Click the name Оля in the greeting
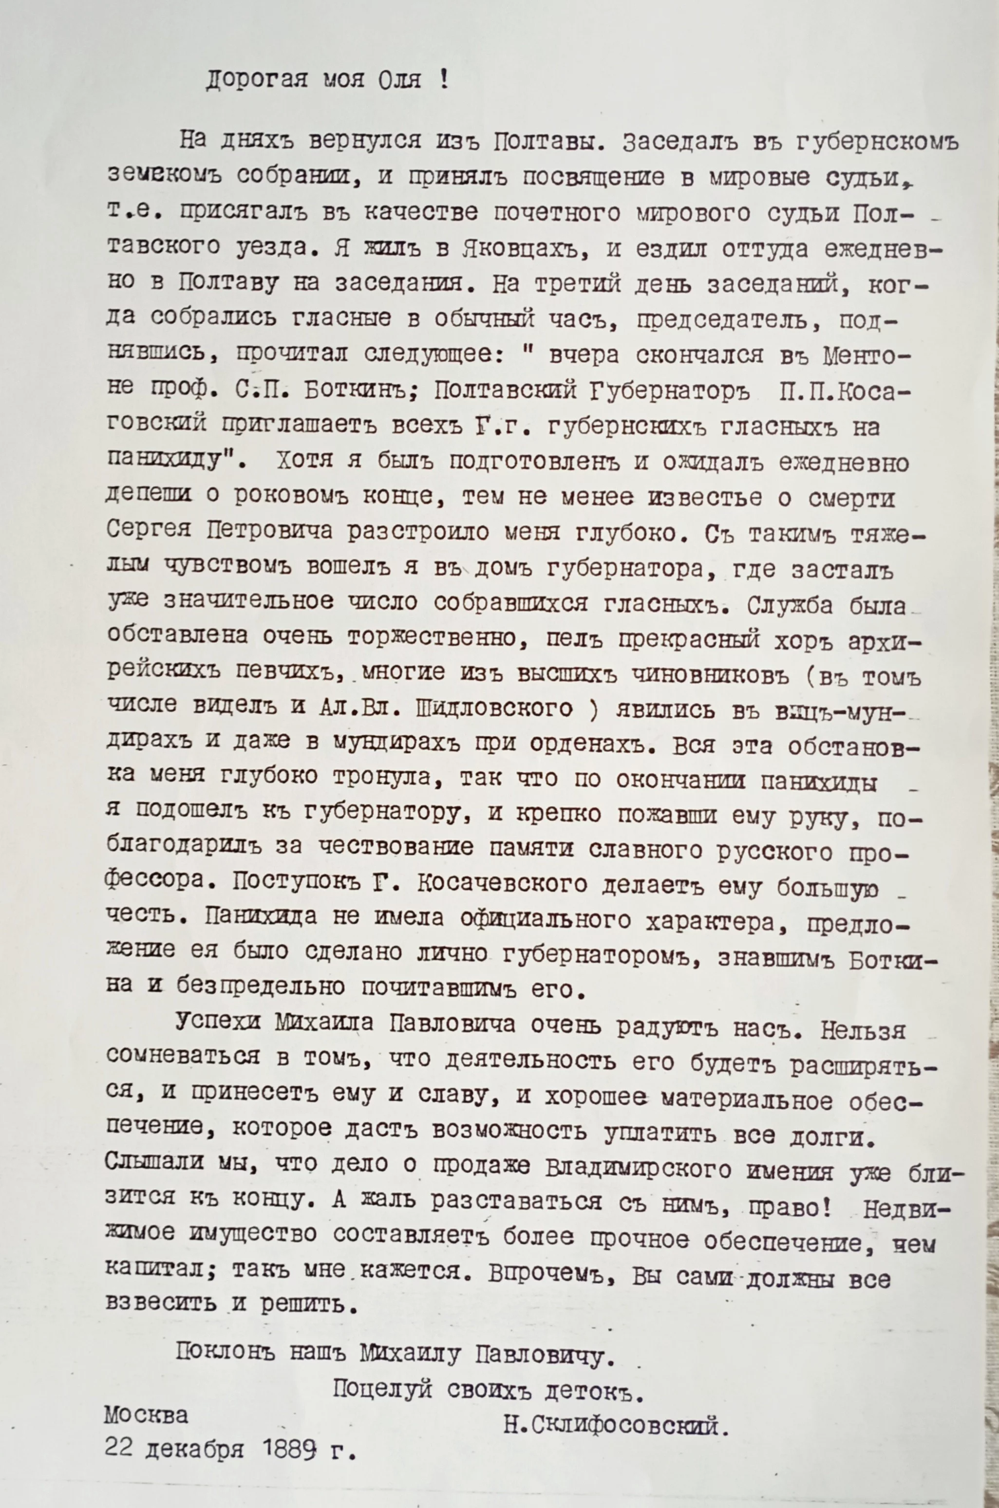point(399,81)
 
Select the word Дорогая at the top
point(256,81)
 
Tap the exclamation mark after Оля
point(444,81)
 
